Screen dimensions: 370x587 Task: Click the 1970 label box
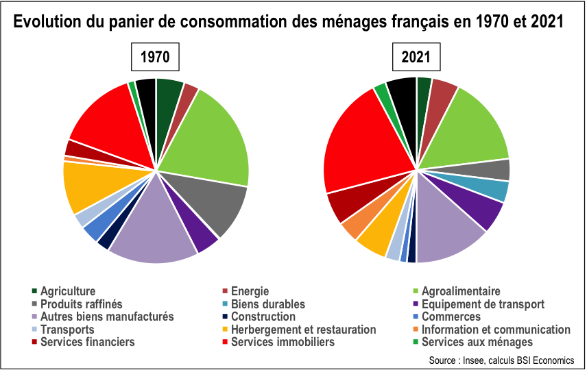(155, 58)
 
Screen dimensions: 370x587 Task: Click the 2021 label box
(416, 58)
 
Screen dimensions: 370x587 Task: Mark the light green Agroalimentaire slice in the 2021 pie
(473, 127)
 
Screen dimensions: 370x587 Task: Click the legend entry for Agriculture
(67, 291)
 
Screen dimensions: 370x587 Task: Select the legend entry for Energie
(250, 291)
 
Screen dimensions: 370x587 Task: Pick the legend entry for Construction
(263, 317)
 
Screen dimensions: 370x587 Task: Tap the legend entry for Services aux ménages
(477, 342)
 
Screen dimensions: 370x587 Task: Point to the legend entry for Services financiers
(87, 342)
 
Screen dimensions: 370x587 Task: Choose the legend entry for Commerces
(451, 317)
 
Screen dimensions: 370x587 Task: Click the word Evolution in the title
(48, 22)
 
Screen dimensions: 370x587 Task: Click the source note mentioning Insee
(501, 360)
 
